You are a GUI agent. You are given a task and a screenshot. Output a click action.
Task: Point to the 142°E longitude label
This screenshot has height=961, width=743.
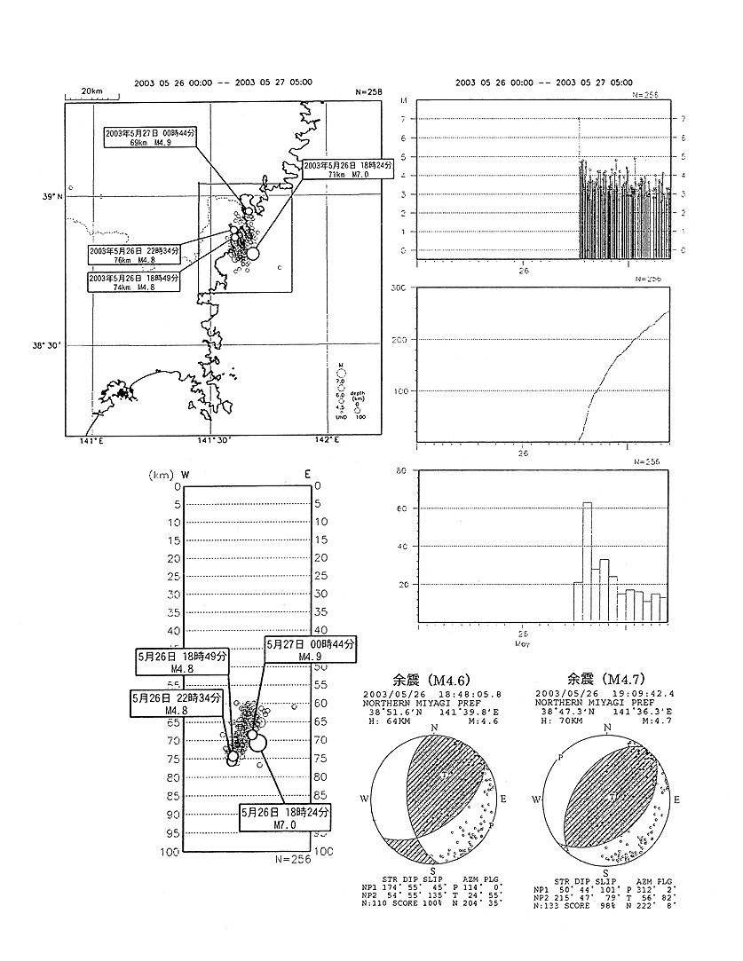pyautogui.click(x=328, y=441)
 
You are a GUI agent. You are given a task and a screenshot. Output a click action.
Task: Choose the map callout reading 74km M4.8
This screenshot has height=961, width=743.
pyautogui.click(x=134, y=282)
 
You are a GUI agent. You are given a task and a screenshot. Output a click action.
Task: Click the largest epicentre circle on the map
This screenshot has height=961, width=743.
pyautogui.click(x=254, y=253)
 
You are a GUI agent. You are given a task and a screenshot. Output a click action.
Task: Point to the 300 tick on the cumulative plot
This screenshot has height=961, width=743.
pyautogui.click(x=398, y=288)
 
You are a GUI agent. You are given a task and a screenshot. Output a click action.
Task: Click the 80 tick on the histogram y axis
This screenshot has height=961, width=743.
pyautogui.click(x=401, y=470)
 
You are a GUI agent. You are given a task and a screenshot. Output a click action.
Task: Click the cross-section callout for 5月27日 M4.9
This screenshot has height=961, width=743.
pyautogui.click(x=309, y=650)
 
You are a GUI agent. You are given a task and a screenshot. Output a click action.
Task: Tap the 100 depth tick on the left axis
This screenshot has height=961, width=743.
pyautogui.click(x=170, y=851)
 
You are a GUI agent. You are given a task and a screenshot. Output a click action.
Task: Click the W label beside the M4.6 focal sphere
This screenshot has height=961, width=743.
pyautogui.click(x=363, y=799)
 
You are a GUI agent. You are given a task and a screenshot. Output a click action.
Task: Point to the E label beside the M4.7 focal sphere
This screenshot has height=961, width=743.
pyautogui.click(x=679, y=799)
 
